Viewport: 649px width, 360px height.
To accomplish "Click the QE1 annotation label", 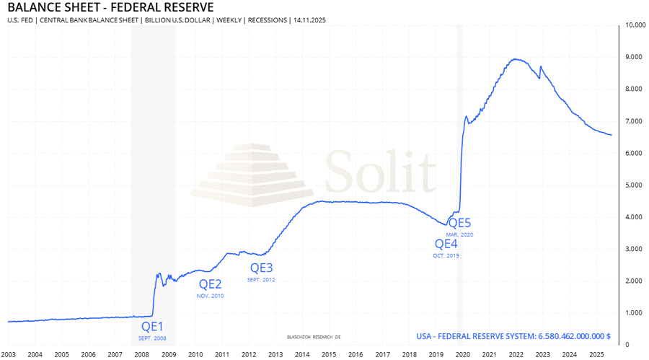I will (x=153, y=326).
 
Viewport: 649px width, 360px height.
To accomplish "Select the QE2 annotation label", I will (x=211, y=284).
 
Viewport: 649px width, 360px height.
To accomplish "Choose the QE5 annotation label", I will (x=460, y=223).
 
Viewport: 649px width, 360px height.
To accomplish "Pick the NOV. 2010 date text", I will (x=211, y=296).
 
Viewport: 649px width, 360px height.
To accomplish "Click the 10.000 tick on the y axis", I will (x=635, y=25).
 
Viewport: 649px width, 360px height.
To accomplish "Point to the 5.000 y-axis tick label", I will (x=635, y=185).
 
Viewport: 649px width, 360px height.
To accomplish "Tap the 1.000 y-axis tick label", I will (x=635, y=312).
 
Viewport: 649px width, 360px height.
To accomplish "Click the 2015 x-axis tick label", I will (x=329, y=354).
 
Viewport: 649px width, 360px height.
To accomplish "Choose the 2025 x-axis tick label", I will (x=596, y=354).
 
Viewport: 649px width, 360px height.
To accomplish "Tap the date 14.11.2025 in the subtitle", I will (x=308, y=20).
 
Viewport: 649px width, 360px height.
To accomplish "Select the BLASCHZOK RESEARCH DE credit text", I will (x=314, y=336).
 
